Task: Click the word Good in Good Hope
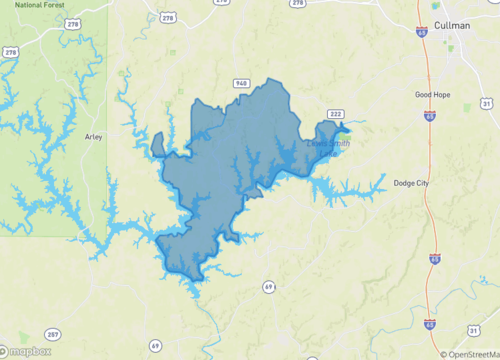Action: click(x=426, y=95)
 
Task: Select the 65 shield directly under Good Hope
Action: click(x=429, y=116)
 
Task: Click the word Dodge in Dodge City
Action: click(x=404, y=183)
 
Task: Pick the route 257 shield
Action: click(x=52, y=333)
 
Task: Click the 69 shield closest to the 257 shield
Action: click(x=155, y=345)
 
